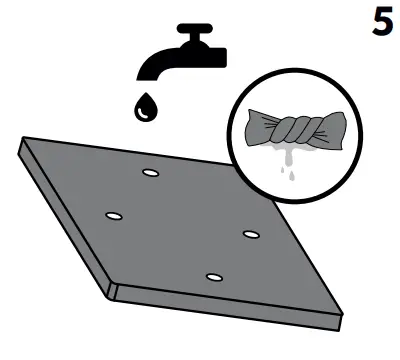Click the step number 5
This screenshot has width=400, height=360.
click(383, 21)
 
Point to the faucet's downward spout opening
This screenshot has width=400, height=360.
click(148, 77)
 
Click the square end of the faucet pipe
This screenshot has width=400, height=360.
click(221, 57)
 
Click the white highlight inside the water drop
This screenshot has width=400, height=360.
click(143, 113)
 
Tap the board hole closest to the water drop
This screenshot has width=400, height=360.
click(151, 173)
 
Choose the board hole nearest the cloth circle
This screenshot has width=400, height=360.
click(251, 234)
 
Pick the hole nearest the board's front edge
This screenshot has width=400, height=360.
click(214, 277)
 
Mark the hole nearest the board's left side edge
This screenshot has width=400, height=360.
click(114, 216)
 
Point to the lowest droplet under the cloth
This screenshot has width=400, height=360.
click(292, 177)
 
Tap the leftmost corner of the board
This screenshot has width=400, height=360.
click(19, 147)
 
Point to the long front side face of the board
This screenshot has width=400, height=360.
click(227, 307)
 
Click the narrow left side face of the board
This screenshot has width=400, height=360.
click(63, 221)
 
